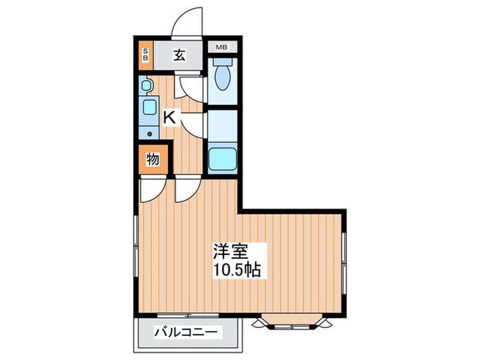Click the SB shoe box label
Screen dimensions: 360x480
tap(145, 55)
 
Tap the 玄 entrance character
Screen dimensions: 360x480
tap(178, 56)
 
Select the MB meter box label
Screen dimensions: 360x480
tap(221, 47)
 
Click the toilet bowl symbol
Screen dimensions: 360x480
tap(222, 77)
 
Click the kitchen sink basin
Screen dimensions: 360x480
tap(148, 108)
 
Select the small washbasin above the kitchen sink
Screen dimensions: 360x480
tap(147, 86)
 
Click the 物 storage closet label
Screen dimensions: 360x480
tap(152, 160)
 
